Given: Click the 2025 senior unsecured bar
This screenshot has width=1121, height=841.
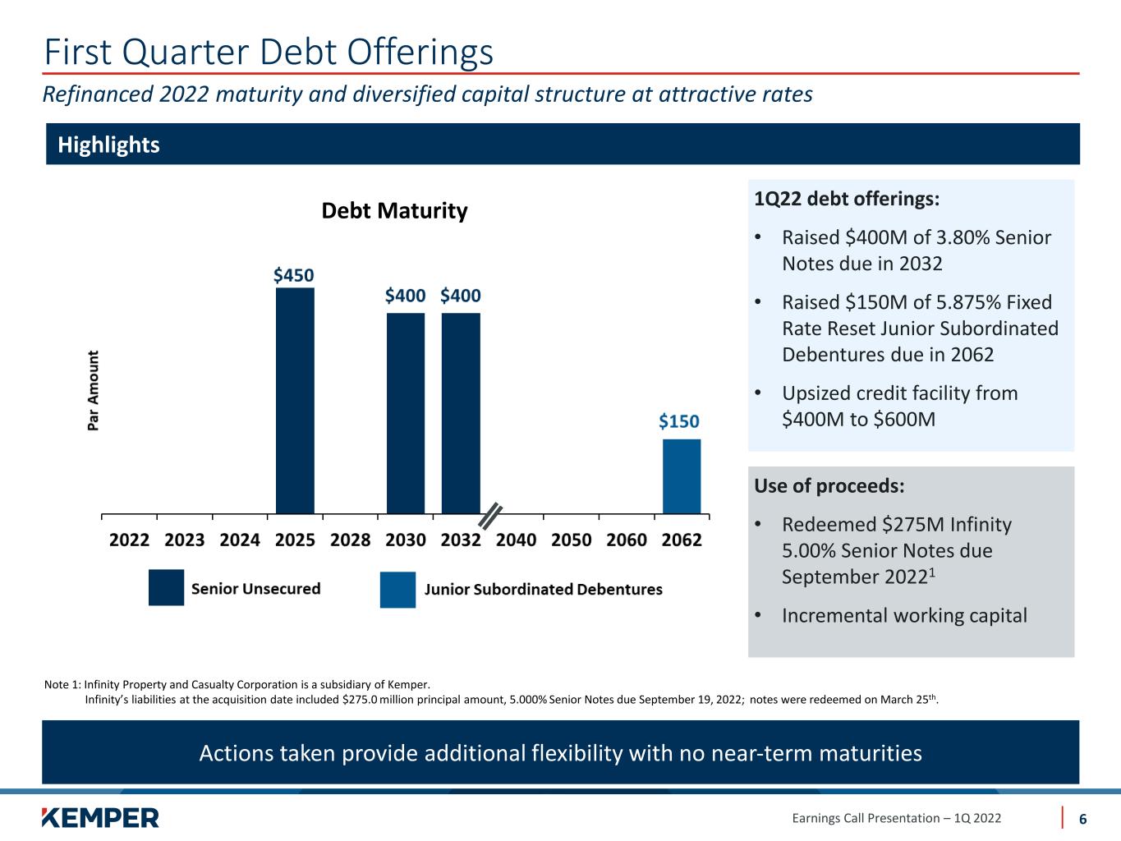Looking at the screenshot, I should pos(295,401).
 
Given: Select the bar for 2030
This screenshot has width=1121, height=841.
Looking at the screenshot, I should pos(406,413).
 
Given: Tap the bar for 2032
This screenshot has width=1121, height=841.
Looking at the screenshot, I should pos(461,413).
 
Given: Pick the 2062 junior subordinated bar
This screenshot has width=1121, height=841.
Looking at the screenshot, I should pos(682,476).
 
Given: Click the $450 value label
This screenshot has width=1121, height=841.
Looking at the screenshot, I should pos(294,275).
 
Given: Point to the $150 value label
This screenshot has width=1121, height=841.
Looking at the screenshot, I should pos(679,421).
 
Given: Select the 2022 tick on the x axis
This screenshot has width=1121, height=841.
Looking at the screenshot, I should pos(130,540).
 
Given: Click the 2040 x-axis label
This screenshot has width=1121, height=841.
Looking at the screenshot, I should pos(517,540).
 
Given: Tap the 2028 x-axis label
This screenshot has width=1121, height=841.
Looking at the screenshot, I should pos(351,540).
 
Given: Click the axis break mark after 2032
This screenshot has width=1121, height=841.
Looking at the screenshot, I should pos(490,517).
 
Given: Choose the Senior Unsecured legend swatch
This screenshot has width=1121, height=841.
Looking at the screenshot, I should pos(166,588).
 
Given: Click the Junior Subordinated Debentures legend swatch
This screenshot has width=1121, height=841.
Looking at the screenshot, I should pos(397,590).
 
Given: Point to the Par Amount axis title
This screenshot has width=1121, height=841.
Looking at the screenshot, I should pos(94,391).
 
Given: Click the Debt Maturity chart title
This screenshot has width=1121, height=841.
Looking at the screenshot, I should pos(394,211).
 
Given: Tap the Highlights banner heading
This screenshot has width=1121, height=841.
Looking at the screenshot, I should pos(108,145).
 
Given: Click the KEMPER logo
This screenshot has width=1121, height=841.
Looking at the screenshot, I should pos(100,817).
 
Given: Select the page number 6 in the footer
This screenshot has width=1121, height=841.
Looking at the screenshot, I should pos(1083,819).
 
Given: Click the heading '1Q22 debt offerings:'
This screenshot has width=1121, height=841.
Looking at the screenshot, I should pos(847,200).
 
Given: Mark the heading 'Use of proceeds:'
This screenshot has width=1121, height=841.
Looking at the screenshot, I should pos(829,485).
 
